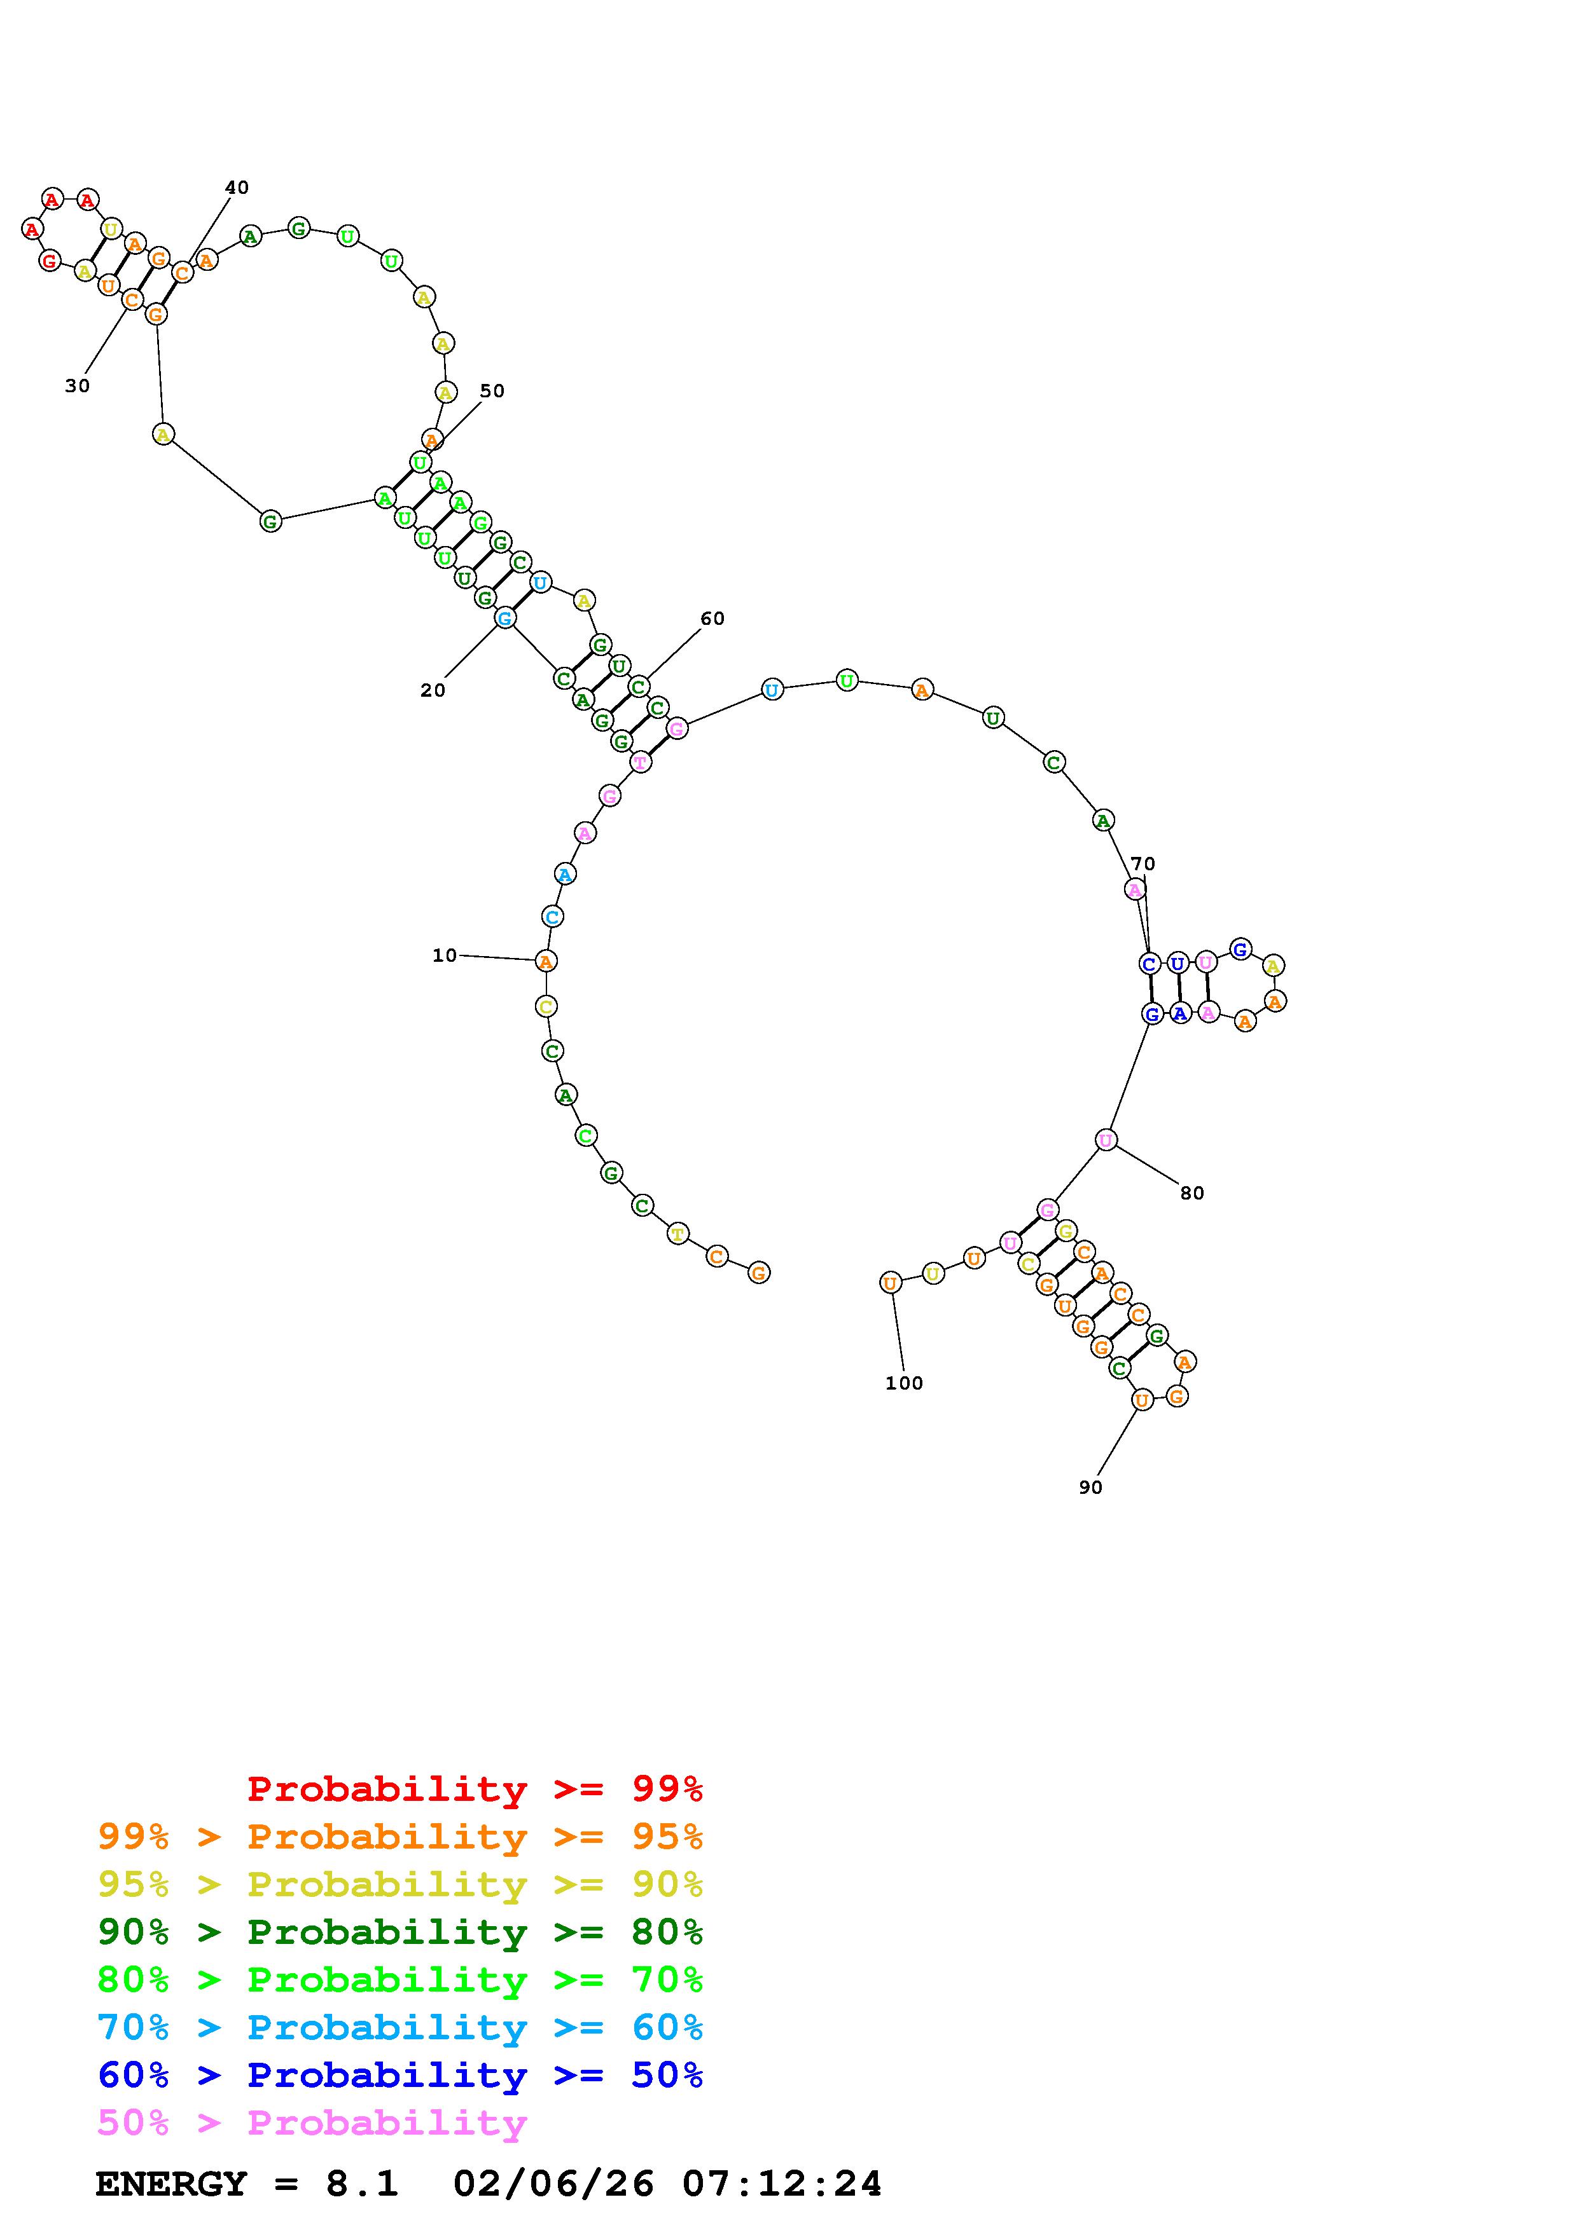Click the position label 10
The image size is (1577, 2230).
(x=444, y=955)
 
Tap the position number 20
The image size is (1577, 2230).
(x=433, y=690)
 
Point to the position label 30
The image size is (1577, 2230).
(x=77, y=386)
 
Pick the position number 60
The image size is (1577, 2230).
(x=712, y=619)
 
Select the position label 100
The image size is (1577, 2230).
(x=903, y=1383)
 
